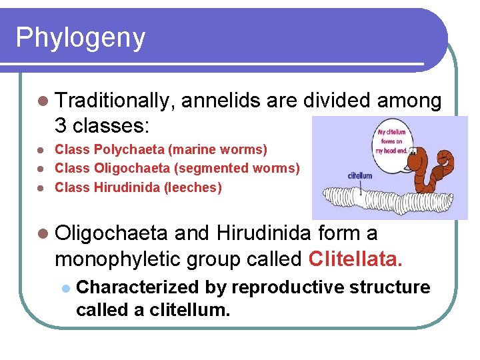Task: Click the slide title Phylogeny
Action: click(80, 38)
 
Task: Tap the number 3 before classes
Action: click(61, 125)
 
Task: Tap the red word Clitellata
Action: click(357, 257)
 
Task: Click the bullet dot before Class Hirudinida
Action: click(42, 188)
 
